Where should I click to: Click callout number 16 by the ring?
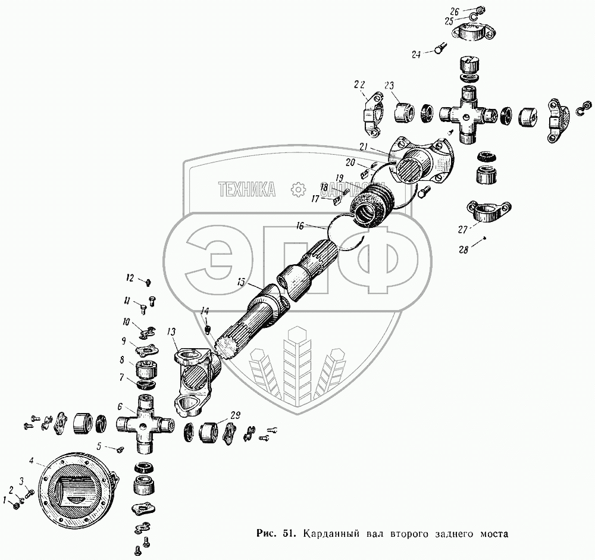(x=300, y=226)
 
